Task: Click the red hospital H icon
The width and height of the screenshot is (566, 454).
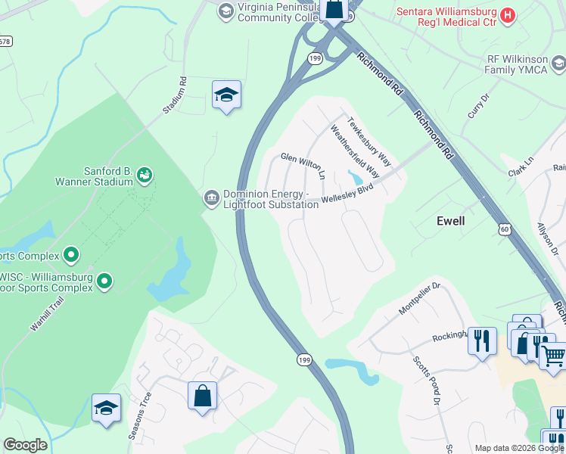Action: (x=508, y=14)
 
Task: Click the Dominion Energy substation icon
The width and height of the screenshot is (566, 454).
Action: (x=212, y=199)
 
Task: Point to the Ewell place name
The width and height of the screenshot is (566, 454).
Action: (x=451, y=221)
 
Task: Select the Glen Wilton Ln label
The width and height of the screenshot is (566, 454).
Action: (x=303, y=165)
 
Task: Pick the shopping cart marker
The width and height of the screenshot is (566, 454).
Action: (x=555, y=356)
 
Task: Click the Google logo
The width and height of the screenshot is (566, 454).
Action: (x=25, y=445)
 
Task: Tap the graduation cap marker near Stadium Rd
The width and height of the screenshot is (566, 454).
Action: (x=226, y=95)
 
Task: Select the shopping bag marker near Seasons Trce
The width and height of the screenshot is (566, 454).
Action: (x=202, y=396)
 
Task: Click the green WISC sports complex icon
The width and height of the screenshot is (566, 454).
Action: (x=104, y=282)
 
